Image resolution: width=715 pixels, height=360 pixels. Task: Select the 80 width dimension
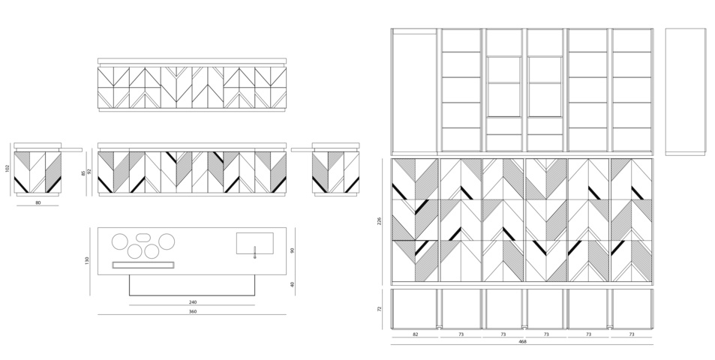tap(38, 202)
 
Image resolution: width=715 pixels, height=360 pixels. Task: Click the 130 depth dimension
tap(87, 261)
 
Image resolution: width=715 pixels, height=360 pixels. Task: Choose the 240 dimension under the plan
tap(192, 302)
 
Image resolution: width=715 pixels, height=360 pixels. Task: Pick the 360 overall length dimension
tap(192, 312)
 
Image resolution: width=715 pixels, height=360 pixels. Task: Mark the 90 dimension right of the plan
tap(293, 250)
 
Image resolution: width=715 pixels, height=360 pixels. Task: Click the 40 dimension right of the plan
tap(293, 284)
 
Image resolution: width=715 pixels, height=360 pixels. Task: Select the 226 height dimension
tap(380, 221)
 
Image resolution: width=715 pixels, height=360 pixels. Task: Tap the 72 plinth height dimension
tap(380, 309)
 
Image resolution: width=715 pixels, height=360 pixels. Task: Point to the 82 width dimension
tap(415, 334)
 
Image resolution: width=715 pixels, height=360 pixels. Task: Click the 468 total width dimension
tap(523, 341)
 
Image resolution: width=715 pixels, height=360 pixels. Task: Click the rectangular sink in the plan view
tap(255, 243)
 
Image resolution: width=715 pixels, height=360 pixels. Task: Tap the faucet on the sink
tap(255, 252)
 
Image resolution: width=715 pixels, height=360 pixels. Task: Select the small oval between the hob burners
tap(143, 237)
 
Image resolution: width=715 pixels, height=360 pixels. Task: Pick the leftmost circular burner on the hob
tap(120, 241)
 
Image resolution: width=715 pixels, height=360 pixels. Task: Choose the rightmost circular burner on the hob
tap(167, 241)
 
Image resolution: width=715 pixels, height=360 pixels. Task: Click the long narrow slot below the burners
tap(143, 265)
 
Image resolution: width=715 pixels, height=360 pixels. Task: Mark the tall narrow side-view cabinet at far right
tap(685, 92)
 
